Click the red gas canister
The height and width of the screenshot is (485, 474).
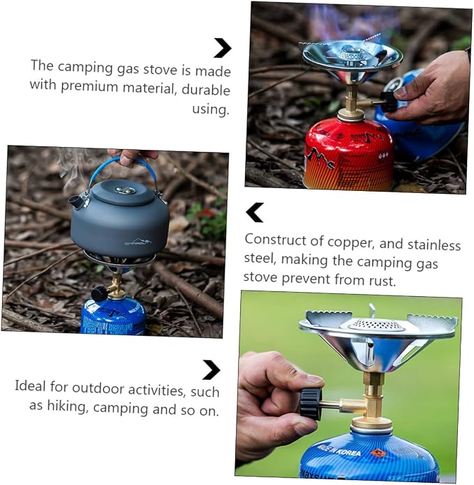(x=349, y=154)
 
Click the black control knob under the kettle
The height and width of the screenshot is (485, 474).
(x=99, y=293)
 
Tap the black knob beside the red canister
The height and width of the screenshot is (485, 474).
(x=388, y=102)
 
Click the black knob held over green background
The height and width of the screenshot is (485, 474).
(x=311, y=403)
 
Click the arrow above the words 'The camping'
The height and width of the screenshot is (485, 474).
(x=223, y=47)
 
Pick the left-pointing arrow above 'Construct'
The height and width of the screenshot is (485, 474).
(x=255, y=213)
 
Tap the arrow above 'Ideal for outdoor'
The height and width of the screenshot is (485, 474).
(x=212, y=369)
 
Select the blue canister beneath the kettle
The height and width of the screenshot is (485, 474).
(x=112, y=316)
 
